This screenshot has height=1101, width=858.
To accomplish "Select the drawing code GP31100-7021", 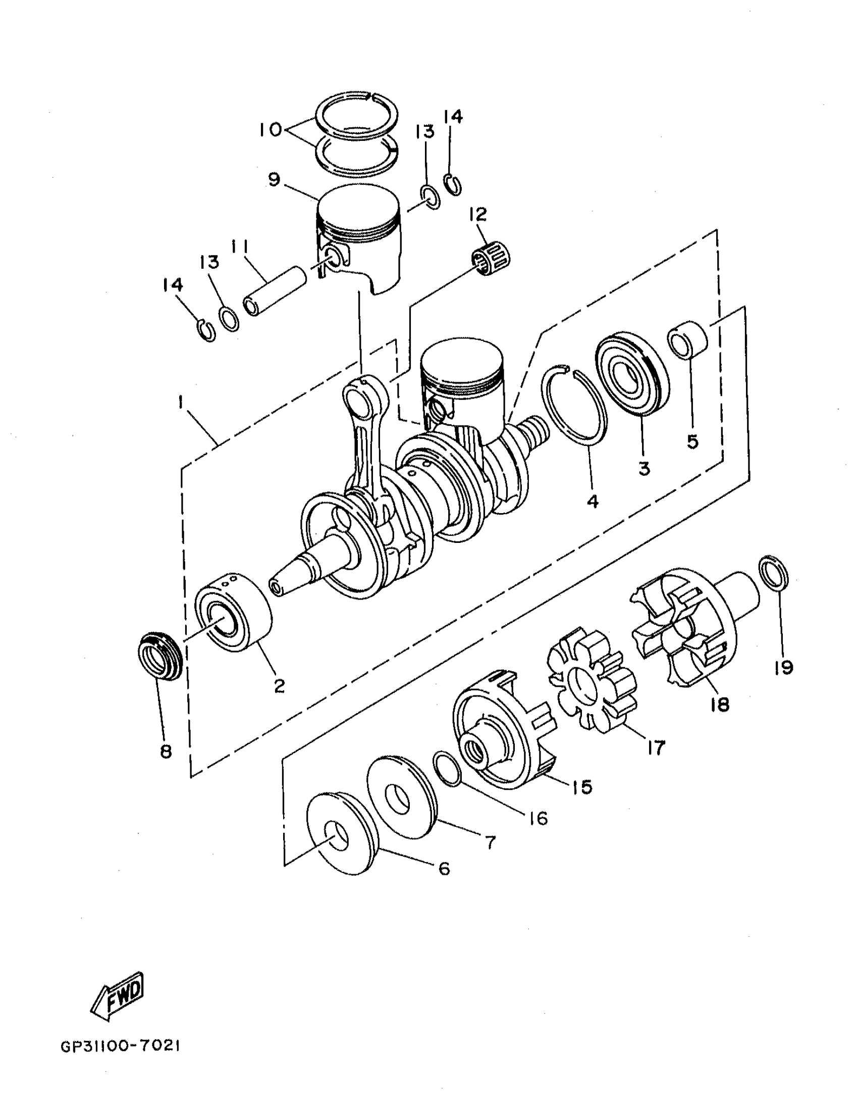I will pos(120,1045).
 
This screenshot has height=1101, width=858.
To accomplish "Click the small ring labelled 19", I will pos(774,573).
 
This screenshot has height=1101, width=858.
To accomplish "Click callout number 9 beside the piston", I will pos(275,179).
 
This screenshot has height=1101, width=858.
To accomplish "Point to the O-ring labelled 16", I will pos(447,768).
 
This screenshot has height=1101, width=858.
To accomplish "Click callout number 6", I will pos(444,868).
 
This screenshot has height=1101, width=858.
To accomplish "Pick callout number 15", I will pos(582,786).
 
